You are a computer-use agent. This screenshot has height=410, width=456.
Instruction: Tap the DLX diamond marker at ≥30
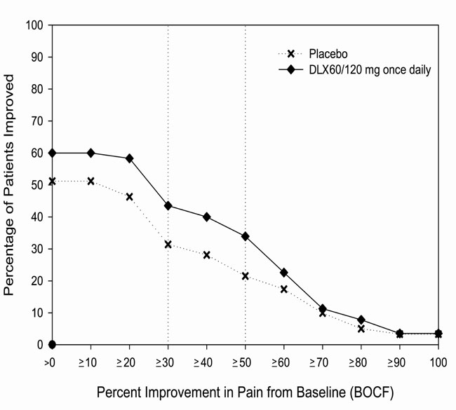(168, 205)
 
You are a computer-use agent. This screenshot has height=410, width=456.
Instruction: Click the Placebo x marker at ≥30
(168, 245)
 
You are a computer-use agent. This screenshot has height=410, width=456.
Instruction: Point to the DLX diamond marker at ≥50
(245, 236)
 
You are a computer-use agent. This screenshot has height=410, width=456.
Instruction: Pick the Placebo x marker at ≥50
(245, 276)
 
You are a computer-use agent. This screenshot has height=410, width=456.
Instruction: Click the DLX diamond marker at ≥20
(129, 158)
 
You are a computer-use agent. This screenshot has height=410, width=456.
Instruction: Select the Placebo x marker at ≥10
(90, 181)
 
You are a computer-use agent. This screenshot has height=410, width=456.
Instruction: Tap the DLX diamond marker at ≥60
(283, 273)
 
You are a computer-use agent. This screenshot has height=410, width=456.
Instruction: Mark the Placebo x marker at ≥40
(206, 255)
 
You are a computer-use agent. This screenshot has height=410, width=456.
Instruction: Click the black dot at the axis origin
(52, 345)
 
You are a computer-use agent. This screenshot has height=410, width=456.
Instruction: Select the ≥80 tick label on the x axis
(361, 364)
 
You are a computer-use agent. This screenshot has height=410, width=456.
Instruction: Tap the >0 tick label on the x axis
(51, 364)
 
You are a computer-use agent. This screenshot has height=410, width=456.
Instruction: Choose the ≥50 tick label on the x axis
(245, 364)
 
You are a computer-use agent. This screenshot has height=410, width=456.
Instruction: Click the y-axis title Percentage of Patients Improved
(11, 185)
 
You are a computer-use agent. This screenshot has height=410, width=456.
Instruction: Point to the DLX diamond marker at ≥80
(361, 320)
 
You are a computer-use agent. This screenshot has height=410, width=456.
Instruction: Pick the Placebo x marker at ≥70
(322, 313)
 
